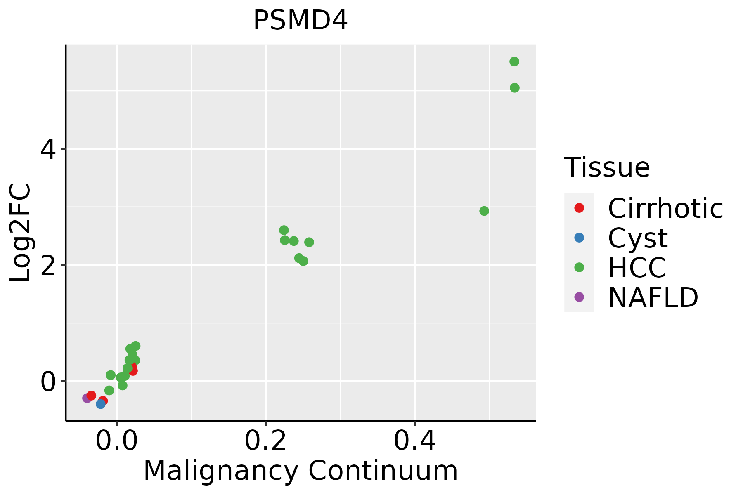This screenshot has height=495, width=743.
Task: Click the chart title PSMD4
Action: [300, 21]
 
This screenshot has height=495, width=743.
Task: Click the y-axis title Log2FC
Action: [21, 233]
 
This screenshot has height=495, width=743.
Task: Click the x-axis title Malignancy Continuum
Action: [300, 471]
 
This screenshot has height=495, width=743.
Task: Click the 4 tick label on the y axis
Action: [48, 149]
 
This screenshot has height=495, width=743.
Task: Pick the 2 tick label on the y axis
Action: [48, 265]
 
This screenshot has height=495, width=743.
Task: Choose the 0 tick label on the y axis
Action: [48, 382]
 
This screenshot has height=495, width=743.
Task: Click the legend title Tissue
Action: [607, 167]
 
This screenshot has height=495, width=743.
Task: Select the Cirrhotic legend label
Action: [665, 208]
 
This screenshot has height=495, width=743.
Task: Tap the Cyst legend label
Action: [638, 238]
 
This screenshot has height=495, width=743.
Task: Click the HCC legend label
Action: [637, 268]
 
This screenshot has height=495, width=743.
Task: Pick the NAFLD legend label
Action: [653, 297]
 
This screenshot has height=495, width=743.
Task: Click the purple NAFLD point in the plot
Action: [87, 398]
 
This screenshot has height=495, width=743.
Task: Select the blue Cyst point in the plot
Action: [101, 404]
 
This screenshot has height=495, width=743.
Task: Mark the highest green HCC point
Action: [514, 62]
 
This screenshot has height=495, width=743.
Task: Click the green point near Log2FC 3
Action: [484, 211]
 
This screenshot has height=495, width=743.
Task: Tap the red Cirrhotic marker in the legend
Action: [579, 208]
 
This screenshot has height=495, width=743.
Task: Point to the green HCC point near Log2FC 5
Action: [515, 88]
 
